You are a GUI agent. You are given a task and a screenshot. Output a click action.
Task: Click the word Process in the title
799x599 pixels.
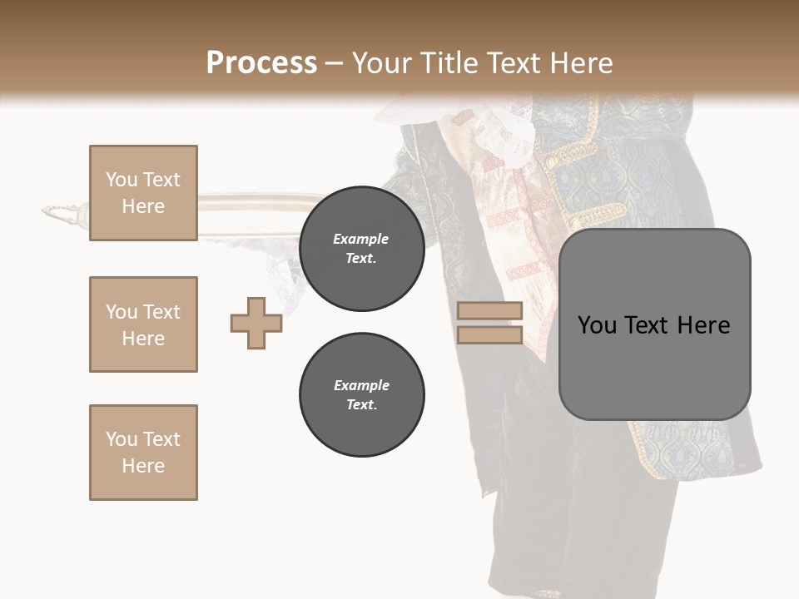(x=261, y=63)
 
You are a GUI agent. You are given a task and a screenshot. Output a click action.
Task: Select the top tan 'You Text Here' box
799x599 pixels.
(x=143, y=193)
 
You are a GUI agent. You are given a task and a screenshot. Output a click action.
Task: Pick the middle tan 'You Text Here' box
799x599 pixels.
(x=143, y=324)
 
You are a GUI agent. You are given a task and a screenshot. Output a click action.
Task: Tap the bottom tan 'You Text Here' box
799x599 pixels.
(x=143, y=453)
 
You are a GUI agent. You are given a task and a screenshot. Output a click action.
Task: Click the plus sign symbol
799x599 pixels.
(x=256, y=323)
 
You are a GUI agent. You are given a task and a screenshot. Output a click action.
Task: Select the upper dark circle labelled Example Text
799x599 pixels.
(x=361, y=249)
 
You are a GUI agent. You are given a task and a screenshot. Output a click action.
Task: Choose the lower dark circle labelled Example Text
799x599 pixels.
(x=361, y=395)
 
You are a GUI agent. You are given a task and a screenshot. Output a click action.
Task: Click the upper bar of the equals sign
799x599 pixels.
(x=489, y=311)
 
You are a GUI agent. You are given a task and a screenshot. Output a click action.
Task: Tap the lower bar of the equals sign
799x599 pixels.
(x=489, y=335)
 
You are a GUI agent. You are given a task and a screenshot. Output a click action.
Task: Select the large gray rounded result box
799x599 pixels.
(x=654, y=324)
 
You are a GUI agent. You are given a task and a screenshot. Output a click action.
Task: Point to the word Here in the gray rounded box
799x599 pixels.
(x=703, y=325)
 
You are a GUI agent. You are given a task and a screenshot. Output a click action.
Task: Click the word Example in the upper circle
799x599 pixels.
(x=361, y=239)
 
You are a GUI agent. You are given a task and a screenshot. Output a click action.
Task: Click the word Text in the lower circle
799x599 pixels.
(x=361, y=405)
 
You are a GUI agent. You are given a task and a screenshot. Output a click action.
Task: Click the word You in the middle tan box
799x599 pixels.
(x=121, y=312)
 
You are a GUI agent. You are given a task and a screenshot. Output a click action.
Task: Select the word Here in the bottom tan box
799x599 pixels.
(x=143, y=466)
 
